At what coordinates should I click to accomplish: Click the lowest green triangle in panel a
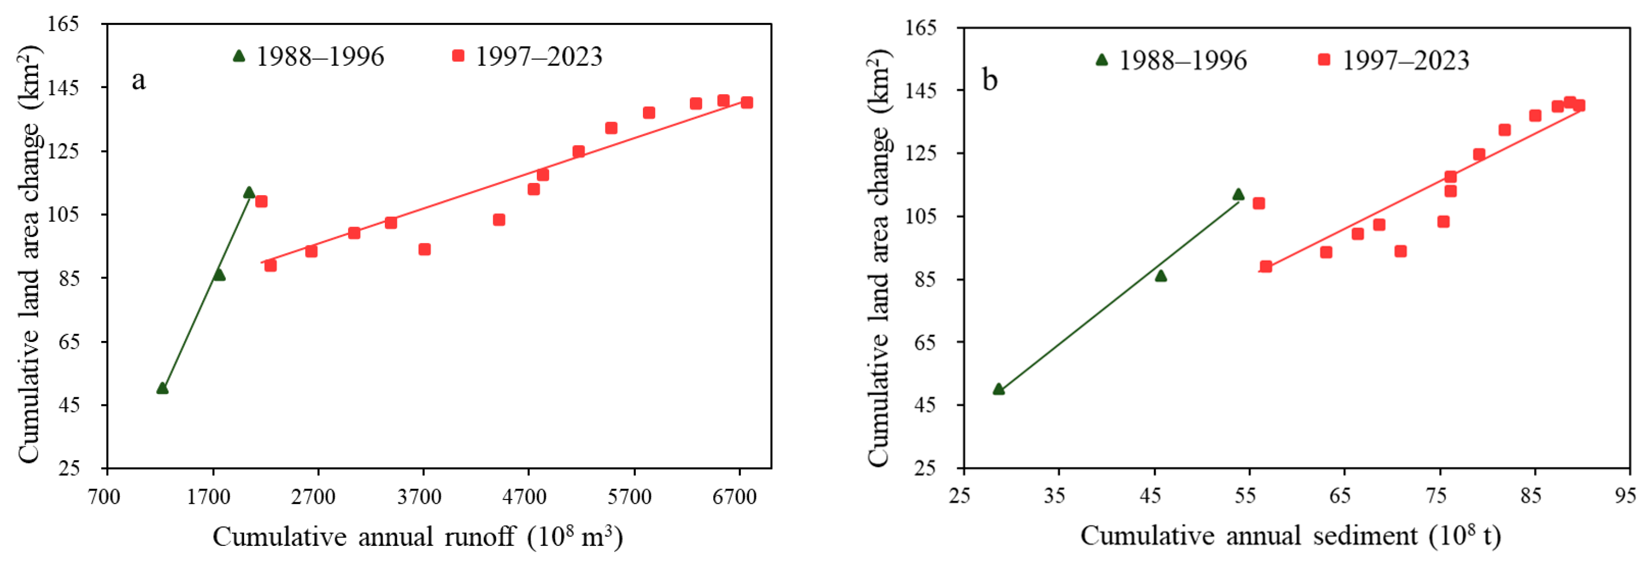[x=162, y=388]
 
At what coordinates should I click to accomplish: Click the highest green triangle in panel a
[x=249, y=192]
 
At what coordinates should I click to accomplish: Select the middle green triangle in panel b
[x=1161, y=276]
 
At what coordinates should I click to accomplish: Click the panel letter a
[x=138, y=81]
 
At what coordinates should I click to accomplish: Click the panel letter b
[x=990, y=81]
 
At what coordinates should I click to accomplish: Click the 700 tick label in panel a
[x=104, y=497]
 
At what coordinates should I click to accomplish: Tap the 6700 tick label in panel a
[x=735, y=497]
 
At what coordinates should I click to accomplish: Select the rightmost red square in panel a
[x=747, y=102]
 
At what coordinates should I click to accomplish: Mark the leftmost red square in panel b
[x=1259, y=204]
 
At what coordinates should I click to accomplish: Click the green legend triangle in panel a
[x=239, y=56]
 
